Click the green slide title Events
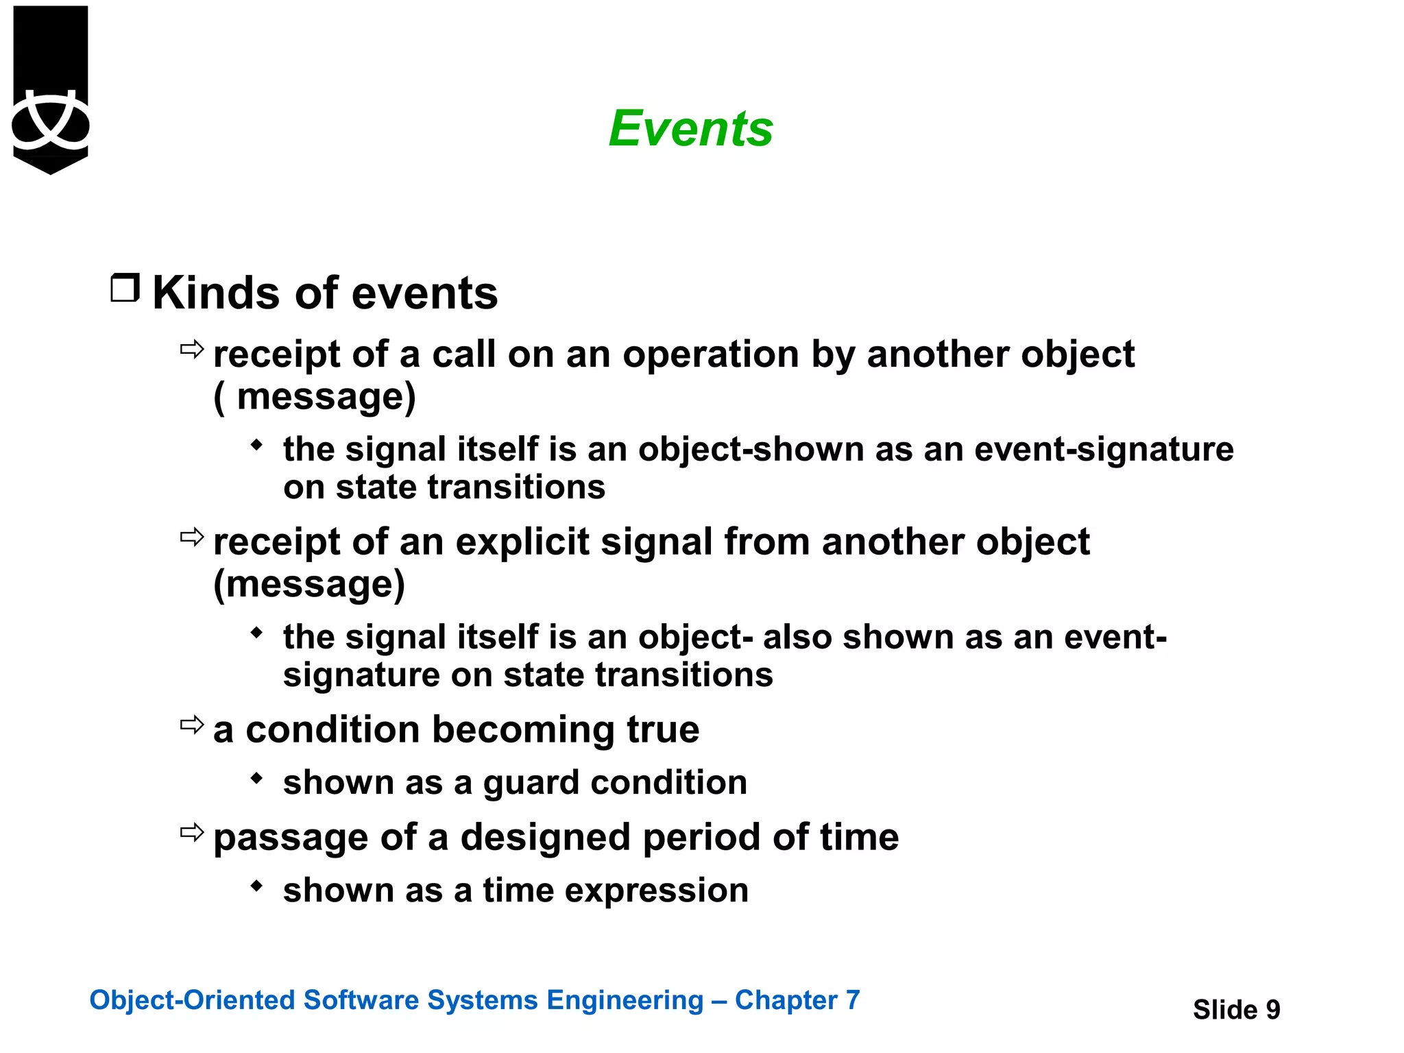pos(690,129)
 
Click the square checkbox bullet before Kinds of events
pos(125,288)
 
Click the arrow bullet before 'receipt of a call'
pos(192,350)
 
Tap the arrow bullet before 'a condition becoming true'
pos(192,725)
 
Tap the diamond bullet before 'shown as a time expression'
pos(256,885)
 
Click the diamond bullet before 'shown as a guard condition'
pos(256,777)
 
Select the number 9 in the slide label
pos(1272,1009)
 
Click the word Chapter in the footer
pos(786,1000)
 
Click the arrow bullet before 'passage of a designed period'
pos(192,832)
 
